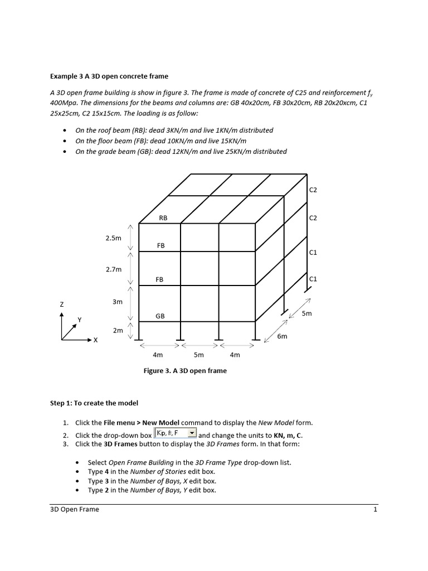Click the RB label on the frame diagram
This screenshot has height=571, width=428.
163,218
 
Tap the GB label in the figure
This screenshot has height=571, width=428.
160,316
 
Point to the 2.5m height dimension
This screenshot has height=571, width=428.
113,238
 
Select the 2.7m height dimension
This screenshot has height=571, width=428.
113,269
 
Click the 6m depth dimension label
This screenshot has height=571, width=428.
282,336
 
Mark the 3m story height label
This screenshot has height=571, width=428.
117,302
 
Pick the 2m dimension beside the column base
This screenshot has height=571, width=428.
118,331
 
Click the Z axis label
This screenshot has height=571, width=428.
62,304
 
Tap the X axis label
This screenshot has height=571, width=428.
95,340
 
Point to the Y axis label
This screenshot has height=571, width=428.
79,320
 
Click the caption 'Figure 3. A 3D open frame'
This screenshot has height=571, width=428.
185,371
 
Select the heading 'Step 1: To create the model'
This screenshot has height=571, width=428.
94,403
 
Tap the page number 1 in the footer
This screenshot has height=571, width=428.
376,509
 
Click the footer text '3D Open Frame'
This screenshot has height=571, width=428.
75,509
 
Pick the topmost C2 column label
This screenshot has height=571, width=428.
313,190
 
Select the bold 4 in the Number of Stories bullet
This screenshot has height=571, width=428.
107,472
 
